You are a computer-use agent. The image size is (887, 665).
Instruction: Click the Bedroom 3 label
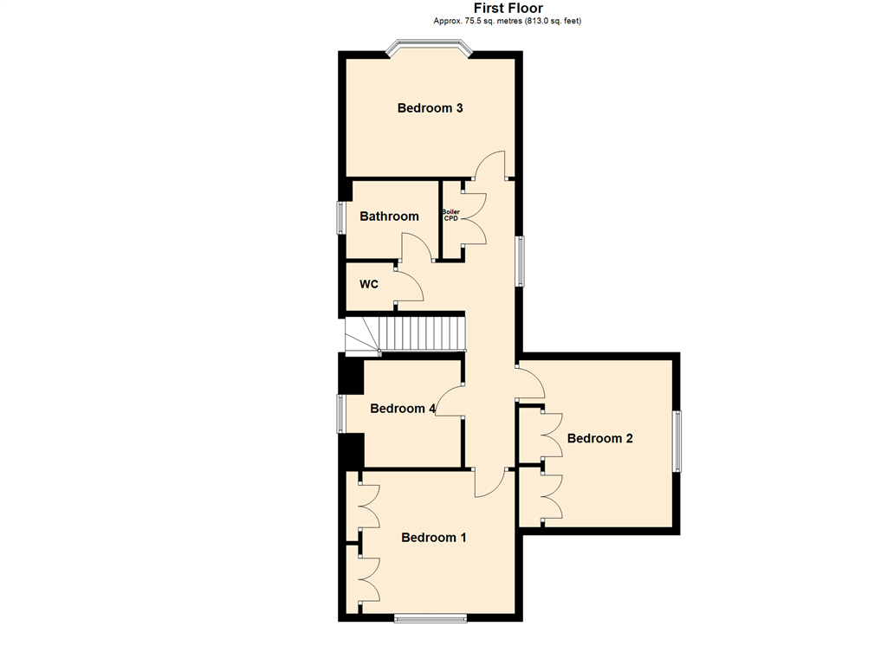[x=430, y=108]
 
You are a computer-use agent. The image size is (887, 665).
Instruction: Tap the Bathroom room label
[x=389, y=216]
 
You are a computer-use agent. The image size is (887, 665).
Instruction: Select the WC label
[x=369, y=284]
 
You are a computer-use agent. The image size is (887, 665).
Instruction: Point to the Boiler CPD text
[x=450, y=216]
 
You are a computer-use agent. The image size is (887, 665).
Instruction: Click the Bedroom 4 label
[x=403, y=409]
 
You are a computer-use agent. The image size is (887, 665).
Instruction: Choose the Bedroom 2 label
[x=599, y=438]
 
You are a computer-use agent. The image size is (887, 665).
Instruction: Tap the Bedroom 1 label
[x=434, y=537]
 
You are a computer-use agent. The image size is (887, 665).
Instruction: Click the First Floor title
[x=508, y=8]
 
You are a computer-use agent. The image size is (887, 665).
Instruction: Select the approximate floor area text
[x=508, y=21]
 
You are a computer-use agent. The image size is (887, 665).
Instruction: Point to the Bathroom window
[x=341, y=217]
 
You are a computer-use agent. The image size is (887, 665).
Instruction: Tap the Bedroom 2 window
[x=677, y=441]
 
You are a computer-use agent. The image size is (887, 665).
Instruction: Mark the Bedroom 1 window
[x=431, y=618]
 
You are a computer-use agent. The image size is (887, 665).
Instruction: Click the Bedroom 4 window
[x=341, y=413]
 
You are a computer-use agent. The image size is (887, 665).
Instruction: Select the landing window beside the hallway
[x=520, y=261]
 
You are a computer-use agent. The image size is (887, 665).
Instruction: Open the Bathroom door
[x=418, y=248]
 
